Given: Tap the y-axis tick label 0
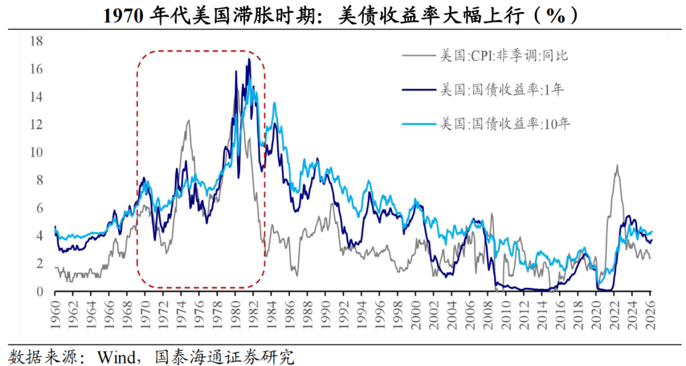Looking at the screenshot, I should click(39, 292).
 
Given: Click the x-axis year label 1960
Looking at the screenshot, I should click(55, 311).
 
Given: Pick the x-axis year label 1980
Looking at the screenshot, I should click(236, 311).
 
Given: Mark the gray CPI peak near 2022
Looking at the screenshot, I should click(617, 165).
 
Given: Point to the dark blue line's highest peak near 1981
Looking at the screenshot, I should click(249, 59).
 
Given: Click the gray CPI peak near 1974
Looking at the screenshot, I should click(188, 121).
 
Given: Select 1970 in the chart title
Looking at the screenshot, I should click(124, 16).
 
